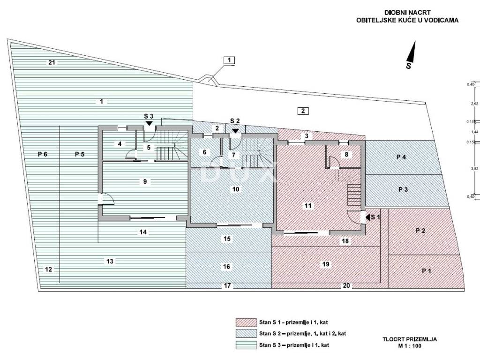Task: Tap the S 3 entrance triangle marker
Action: pyautogui.click(x=149, y=123)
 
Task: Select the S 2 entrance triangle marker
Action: pyautogui.click(x=235, y=131)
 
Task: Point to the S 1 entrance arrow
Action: pyautogui.click(x=367, y=217)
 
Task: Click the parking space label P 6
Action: pyautogui.click(x=43, y=154)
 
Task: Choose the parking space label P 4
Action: pyautogui.click(x=401, y=157)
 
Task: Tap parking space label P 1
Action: pyautogui.click(x=427, y=271)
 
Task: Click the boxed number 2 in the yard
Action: pyautogui.click(x=303, y=111)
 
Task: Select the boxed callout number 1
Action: pyautogui.click(x=229, y=60)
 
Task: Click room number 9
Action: pyautogui.click(x=145, y=181)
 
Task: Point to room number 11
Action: pyautogui.click(x=307, y=206)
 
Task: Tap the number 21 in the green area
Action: pyautogui.click(x=52, y=62)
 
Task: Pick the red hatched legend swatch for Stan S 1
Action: pyautogui.click(x=246, y=322)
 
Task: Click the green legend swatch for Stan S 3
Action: pyautogui.click(x=246, y=345)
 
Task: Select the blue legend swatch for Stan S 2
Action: pyautogui.click(x=246, y=333)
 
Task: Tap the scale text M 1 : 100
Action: pyautogui.click(x=410, y=346)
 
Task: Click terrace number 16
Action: pyautogui.click(x=226, y=267)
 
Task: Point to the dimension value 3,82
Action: pyautogui.click(x=474, y=168)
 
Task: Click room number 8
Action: pyautogui.click(x=346, y=154)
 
